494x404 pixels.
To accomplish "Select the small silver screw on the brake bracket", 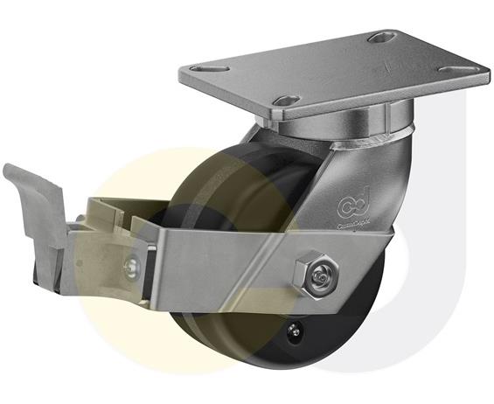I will coord(132,264).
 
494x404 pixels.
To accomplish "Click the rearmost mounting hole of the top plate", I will coord(380,38).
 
